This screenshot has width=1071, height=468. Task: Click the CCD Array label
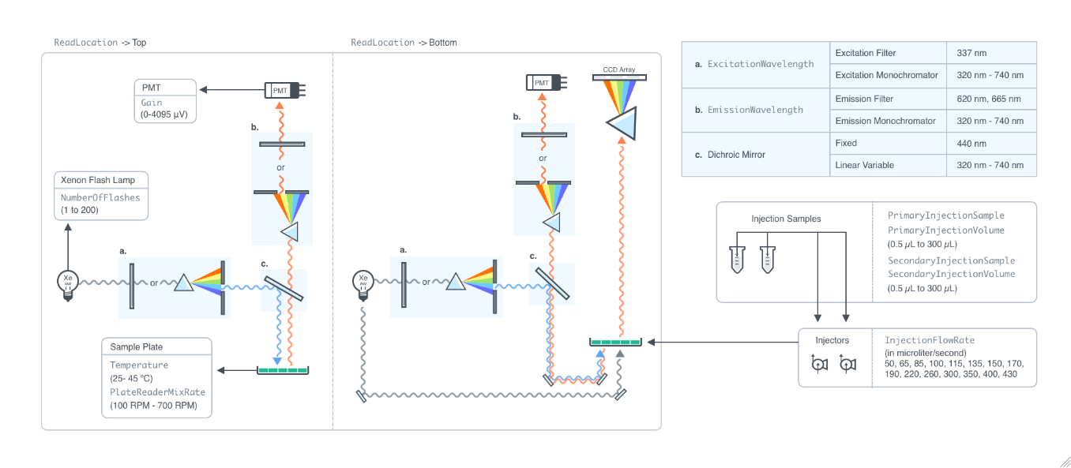[619, 69]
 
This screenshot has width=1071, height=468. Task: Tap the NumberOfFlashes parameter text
[100, 197]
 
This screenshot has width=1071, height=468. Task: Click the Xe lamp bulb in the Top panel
[68, 282]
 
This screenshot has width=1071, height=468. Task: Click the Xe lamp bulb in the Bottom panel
[363, 282]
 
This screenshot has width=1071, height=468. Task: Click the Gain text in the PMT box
[152, 103]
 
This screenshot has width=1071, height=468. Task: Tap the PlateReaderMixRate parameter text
[157, 392]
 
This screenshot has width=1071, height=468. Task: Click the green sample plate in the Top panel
[283, 369]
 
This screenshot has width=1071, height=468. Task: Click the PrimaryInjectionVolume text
[945, 230]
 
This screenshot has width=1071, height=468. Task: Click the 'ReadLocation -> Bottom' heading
[404, 43]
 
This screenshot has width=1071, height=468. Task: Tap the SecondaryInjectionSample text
[951, 260]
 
